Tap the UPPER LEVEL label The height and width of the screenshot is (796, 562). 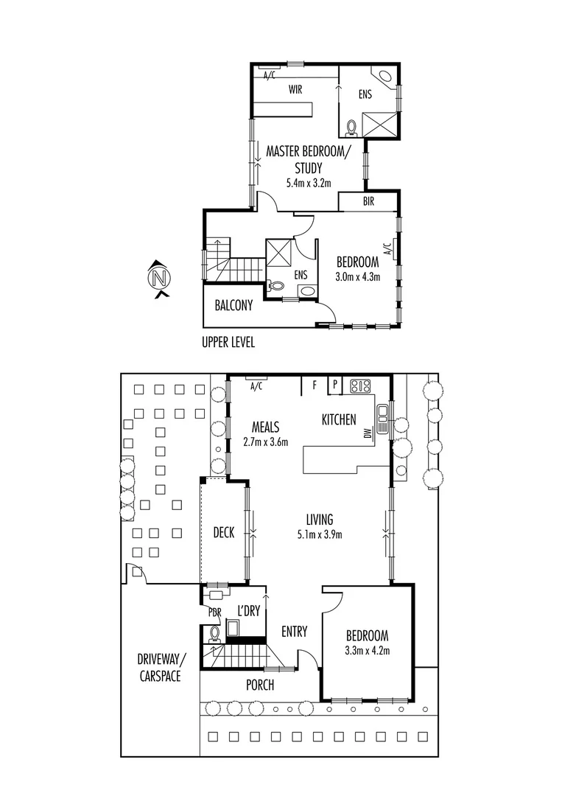228,343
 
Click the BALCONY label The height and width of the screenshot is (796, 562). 233,305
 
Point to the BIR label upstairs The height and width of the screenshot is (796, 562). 369,201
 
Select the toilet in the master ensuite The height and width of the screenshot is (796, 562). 351,128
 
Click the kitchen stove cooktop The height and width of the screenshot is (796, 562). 360,385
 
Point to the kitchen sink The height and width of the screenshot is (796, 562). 382,418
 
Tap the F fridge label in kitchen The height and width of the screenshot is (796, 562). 315,385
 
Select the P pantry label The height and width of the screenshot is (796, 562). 334,385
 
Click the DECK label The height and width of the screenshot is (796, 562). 223,532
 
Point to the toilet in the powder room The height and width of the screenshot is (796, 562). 215,632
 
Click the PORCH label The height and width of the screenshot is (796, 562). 259,685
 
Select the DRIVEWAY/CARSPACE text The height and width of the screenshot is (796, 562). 160,667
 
